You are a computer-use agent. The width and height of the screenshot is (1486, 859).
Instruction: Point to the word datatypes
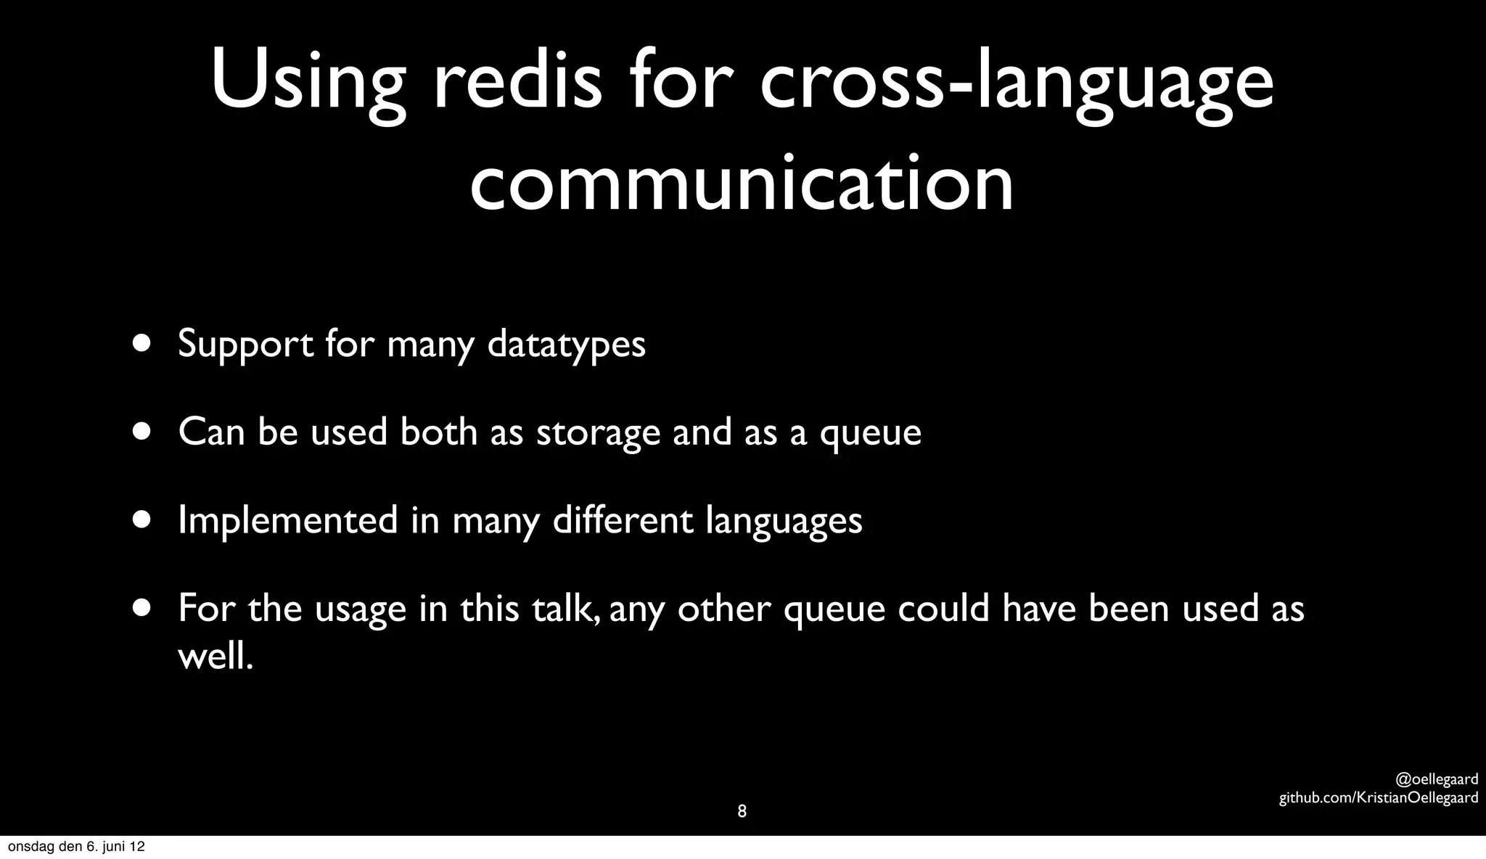(566, 344)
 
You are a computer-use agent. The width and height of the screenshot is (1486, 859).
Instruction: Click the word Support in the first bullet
(245, 344)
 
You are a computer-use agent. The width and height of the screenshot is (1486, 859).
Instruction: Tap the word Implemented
(288, 520)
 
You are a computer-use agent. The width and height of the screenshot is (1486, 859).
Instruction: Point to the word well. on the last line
(215, 657)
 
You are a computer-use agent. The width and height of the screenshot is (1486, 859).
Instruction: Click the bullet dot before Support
(142, 343)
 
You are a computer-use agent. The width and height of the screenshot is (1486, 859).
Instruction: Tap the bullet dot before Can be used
(142, 432)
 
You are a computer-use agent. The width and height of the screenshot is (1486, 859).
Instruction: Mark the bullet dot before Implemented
(142, 519)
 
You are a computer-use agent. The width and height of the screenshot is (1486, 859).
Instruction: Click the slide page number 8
(742, 811)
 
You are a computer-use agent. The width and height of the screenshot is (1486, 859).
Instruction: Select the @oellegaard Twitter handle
(1437, 780)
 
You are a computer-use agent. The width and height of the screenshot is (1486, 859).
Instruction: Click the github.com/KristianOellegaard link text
(1378, 798)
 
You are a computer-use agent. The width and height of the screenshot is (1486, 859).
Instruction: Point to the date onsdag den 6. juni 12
(76, 847)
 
